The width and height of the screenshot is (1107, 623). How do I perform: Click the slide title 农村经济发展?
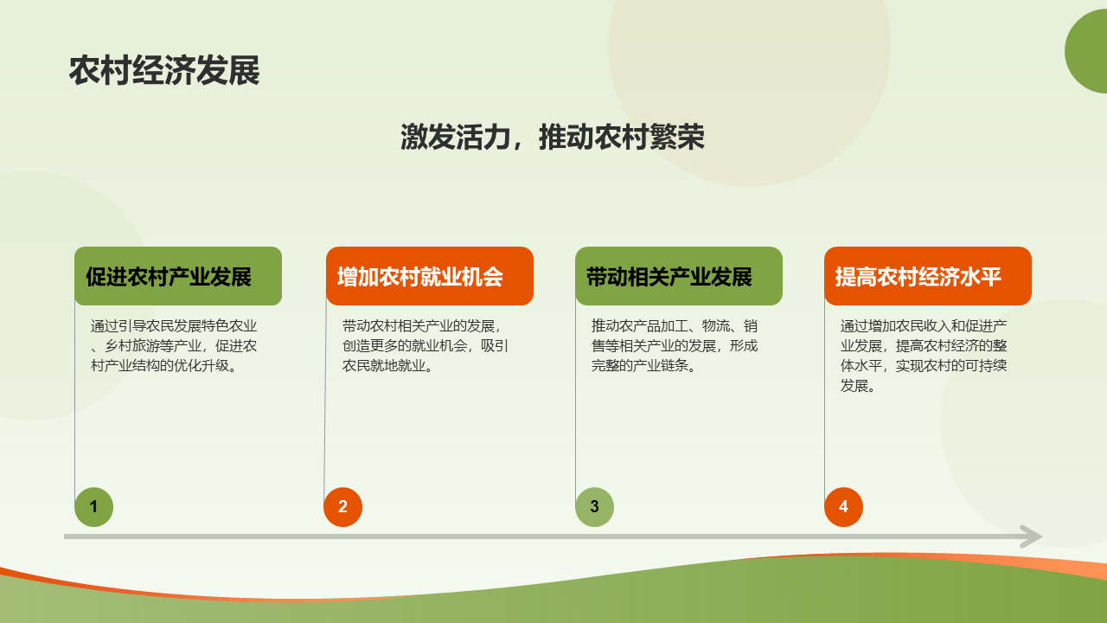point(164,71)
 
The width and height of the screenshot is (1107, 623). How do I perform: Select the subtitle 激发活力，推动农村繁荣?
point(553,137)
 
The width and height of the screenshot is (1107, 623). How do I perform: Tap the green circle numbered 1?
point(94,507)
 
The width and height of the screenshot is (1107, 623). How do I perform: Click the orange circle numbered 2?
point(343,507)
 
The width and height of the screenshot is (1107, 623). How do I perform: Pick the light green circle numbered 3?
point(594,507)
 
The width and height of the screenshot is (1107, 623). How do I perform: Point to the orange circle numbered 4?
point(843,507)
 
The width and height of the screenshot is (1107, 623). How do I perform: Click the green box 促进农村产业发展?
point(178,276)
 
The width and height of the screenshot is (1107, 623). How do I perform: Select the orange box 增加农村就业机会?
point(430,276)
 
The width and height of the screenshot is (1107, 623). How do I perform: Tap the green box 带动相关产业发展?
point(679,276)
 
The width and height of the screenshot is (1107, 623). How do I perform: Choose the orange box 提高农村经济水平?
point(928,276)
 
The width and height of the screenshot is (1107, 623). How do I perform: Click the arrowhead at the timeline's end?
point(1033,536)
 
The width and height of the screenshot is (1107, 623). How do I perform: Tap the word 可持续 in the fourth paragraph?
point(987,365)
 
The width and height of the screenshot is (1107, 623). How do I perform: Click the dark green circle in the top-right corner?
point(1087,51)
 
